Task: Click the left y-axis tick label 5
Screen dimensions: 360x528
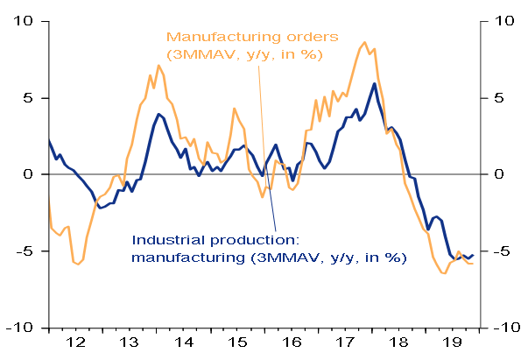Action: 29,97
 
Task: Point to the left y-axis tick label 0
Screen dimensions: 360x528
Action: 29,174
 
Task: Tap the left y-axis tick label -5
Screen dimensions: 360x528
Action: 25,251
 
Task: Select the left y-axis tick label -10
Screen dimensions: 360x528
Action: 21,328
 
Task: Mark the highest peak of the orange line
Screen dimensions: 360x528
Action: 364,42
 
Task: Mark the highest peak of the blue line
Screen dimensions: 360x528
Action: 375,84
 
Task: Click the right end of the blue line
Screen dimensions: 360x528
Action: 473,255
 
